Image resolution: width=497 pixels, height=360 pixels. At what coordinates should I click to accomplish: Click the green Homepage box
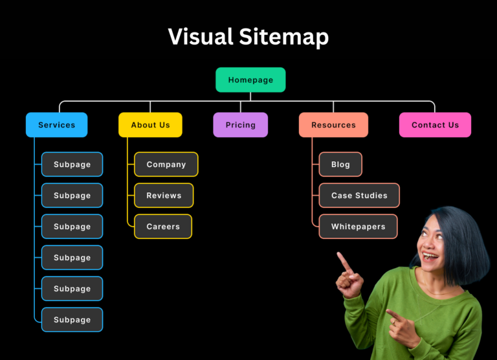tap(250, 80)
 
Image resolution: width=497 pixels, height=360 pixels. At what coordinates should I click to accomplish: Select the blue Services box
tap(57, 125)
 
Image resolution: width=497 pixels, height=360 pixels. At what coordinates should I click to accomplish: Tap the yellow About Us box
tap(150, 125)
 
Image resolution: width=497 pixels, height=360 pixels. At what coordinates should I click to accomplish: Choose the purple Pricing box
tap(241, 125)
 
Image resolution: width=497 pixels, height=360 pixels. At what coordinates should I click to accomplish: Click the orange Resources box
tap(333, 125)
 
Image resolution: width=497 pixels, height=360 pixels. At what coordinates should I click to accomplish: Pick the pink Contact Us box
tap(435, 125)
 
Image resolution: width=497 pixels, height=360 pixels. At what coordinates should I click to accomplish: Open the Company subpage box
tap(166, 164)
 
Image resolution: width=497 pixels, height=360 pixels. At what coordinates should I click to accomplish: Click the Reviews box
tap(164, 196)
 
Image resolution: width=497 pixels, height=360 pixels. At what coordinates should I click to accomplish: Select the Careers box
tap(163, 227)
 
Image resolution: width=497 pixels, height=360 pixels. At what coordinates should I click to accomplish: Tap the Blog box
tap(340, 164)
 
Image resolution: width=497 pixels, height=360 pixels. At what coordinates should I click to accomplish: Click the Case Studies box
tap(359, 196)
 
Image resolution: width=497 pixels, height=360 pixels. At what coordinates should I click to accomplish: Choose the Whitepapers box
tap(358, 227)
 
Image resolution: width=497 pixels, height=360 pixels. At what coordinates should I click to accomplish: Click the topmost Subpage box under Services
tap(72, 164)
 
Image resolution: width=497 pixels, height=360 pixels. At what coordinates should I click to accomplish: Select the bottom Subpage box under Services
tap(72, 320)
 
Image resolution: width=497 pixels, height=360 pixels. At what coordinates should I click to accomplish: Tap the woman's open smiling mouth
tap(430, 256)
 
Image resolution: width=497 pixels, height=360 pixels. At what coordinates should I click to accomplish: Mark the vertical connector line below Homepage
tap(250, 96)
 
